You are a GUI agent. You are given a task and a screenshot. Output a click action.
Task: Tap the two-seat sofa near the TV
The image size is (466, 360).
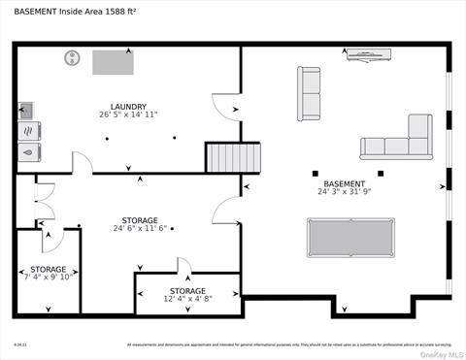click(309, 94)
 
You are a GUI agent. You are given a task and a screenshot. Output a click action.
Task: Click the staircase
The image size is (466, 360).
click(233, 157)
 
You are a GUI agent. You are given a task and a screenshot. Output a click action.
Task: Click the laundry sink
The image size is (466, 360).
click(26, 109)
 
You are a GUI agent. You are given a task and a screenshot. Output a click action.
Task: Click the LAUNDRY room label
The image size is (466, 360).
click(128, 107)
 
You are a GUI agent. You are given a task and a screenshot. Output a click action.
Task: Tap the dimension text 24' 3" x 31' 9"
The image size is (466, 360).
click(345, 192)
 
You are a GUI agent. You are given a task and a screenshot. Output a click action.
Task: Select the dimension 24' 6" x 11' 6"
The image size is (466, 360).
click(140, 229)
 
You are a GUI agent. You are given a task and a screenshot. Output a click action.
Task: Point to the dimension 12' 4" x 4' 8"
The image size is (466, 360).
click(187, 300)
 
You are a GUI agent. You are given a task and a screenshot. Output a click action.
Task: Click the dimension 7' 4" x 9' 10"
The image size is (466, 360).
click(48, 278)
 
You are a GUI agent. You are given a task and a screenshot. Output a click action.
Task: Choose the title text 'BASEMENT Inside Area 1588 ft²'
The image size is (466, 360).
click(75, 12)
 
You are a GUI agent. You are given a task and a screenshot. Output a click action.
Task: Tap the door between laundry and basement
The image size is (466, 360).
click(225, 107)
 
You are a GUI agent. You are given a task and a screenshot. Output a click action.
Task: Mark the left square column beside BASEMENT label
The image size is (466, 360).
click(316, 174)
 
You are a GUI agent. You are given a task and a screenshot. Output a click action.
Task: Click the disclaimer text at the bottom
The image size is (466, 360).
click(289, 344)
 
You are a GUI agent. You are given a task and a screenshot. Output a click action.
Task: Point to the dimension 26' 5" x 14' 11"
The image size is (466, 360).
click(128, 115)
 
